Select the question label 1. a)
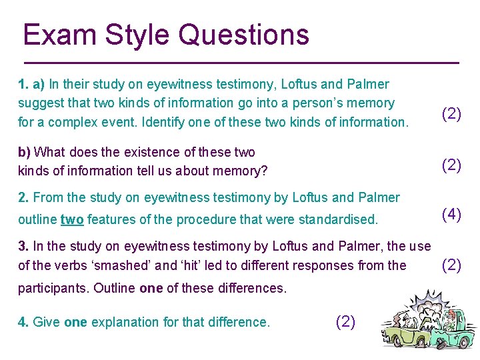[x=31, y=85]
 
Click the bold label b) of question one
[x=25, y=152]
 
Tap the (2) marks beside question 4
[x=345, y=323]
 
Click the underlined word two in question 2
[x=73, y=219]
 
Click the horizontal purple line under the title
[x=239, y=62]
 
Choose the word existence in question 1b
[x=121, y=152]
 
